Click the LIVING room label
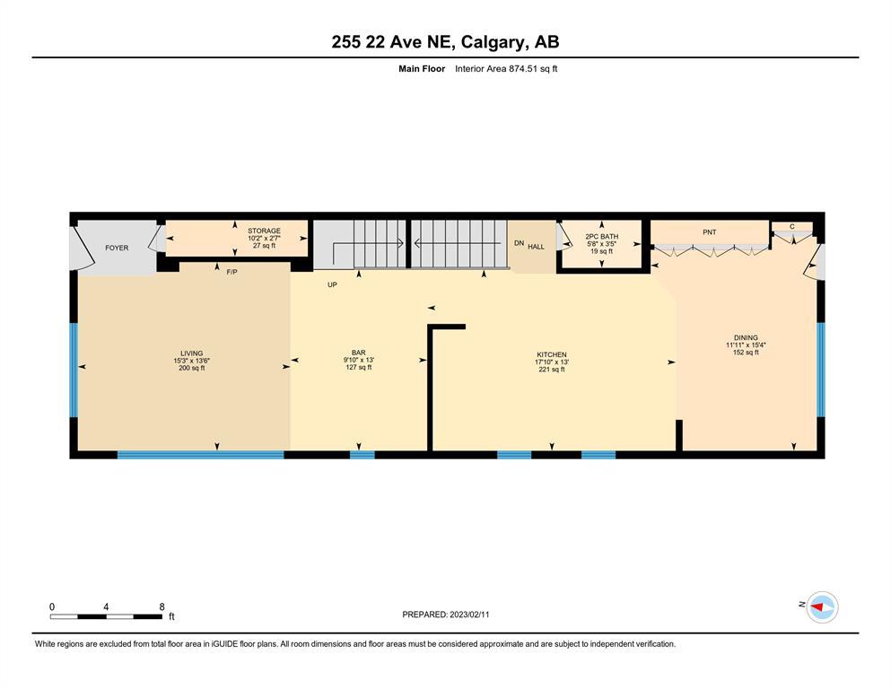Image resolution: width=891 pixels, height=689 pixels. coord(191,353)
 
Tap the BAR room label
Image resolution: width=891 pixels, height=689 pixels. coord(359,353)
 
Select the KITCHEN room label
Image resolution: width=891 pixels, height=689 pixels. coord(552,354)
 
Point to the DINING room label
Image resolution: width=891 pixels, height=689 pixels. coord(747,337)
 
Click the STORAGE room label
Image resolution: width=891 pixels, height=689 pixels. coord(264,231)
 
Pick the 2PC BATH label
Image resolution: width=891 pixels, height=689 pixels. coord(602,236)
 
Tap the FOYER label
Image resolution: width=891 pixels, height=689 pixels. coord(117,248)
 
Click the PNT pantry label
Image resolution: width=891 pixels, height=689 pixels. coord(710,231)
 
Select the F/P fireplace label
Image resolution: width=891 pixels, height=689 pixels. coord(231,272)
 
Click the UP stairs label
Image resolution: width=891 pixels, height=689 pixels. coord(332,284)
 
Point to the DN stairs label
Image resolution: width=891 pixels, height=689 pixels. coord(519,243)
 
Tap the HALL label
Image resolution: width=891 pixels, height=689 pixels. coord(536,247)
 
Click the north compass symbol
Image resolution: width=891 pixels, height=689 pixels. coord(822,607)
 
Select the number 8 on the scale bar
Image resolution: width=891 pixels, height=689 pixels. coord(162,606)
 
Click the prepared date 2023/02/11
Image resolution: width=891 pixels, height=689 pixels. coord(469,615)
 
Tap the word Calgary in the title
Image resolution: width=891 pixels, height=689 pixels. coord(492,42)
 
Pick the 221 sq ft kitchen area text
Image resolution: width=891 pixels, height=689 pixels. coord(552,370)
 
